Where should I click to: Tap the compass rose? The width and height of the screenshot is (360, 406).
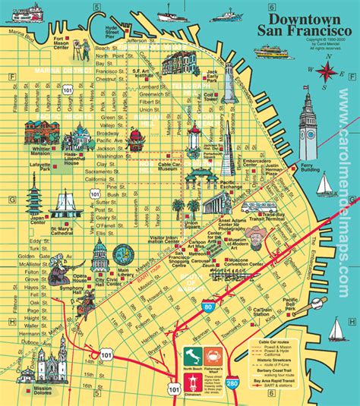click(327, 71)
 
